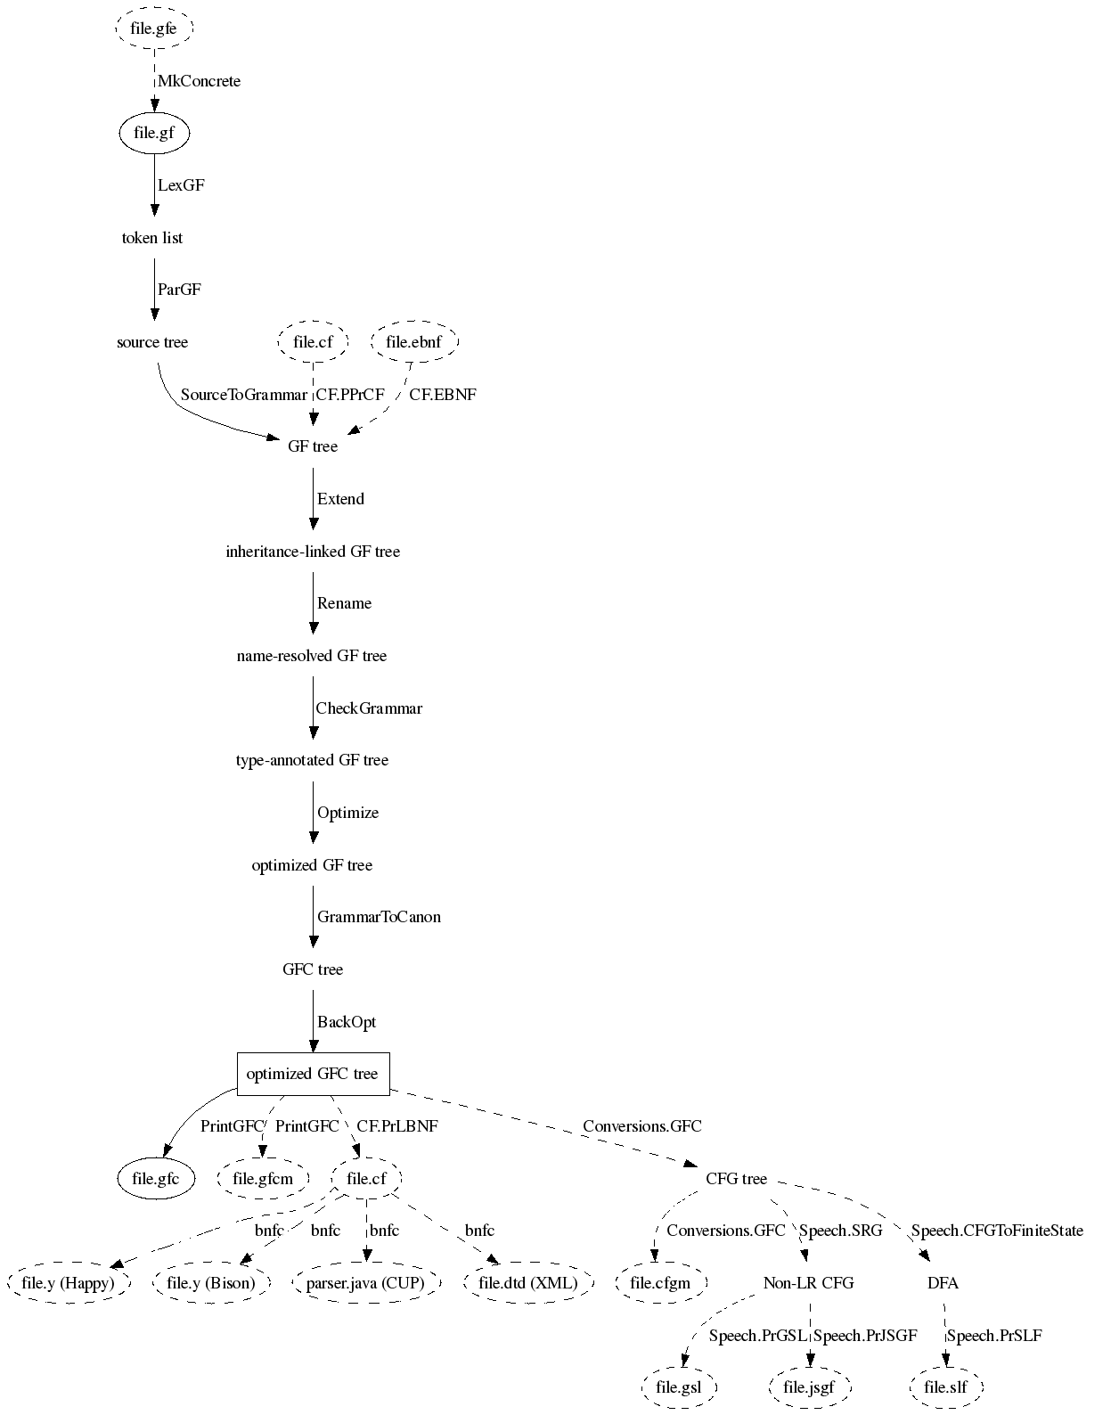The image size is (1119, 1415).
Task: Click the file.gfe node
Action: click(x=154, y=29)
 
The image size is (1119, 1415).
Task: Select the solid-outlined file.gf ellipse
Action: click(x=154, y=134)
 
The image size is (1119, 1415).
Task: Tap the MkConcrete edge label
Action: click(x=199, y=81)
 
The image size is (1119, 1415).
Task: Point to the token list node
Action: click(x=152, y=238)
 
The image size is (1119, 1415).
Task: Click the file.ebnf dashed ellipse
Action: click(x=413, y=342)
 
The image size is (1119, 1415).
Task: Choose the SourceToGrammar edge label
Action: click(x=243, y=395)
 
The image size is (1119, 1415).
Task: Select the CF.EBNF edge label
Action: click(x=443, y=395)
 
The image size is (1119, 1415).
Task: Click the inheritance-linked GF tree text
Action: click(x=313, y=552)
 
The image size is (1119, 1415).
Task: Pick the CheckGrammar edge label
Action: click(x=369, y=708)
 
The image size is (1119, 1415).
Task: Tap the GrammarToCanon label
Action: click(x=379, y=917)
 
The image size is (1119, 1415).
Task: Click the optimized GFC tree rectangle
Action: click(x=313, y=1074)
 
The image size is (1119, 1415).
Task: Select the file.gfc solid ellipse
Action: click(x=156, y=1179)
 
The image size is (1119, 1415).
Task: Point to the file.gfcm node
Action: click(x=263, y=1179)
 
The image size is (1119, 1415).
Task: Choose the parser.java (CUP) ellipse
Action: click(x=366, y=1283)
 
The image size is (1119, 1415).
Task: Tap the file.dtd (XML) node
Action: click(x=528, y=1283)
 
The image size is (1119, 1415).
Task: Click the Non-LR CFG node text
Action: click(x=808, y=1283)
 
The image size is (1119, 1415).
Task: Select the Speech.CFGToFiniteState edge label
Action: click(x=997, y=1231)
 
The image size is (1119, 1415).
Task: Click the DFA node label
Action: click(x=943, y=1283)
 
